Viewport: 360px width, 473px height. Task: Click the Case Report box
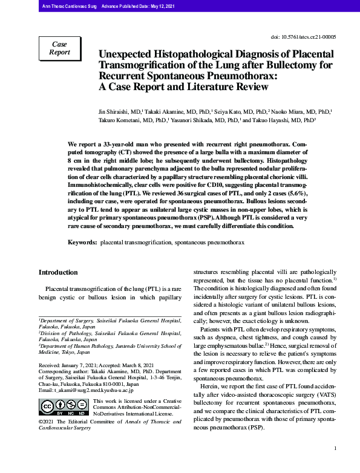[x=59, y=49]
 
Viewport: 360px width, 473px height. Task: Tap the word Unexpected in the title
[x=128, y=54]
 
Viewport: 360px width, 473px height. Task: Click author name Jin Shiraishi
[x=114, y=113]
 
